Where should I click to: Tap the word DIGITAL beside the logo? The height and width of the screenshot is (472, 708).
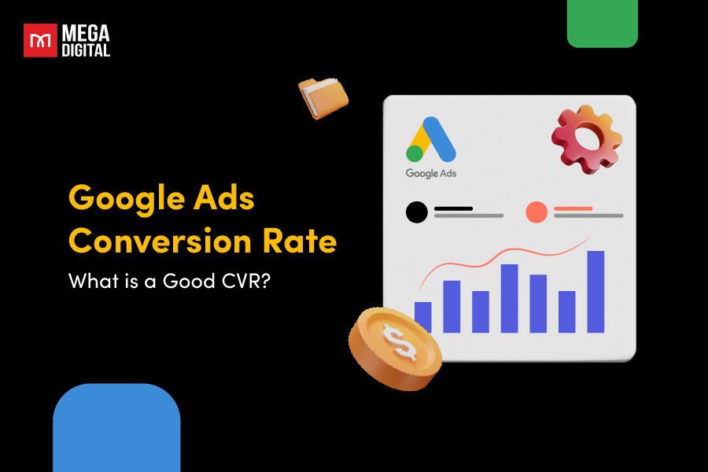click(x=88, y=50)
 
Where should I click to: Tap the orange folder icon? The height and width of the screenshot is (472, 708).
click(x=323, y=98)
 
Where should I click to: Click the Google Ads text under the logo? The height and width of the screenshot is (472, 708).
click(x=431, y=173)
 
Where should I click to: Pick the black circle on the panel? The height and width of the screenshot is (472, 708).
click(x=417, y=212)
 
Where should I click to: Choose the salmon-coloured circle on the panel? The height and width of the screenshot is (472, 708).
click(x=537, y=212)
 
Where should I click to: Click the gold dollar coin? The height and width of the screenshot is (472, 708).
click(x=393, y=345)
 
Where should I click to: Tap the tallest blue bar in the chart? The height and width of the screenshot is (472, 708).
click(x=596, y=291)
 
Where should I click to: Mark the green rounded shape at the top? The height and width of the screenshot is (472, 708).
click(x=603, y=23)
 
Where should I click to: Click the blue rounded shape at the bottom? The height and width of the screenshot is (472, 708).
click(x=116, y=429)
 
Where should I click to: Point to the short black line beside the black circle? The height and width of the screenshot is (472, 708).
click(x=453, y=208)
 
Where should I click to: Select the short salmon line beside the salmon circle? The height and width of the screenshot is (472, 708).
click(x=573, y=208)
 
